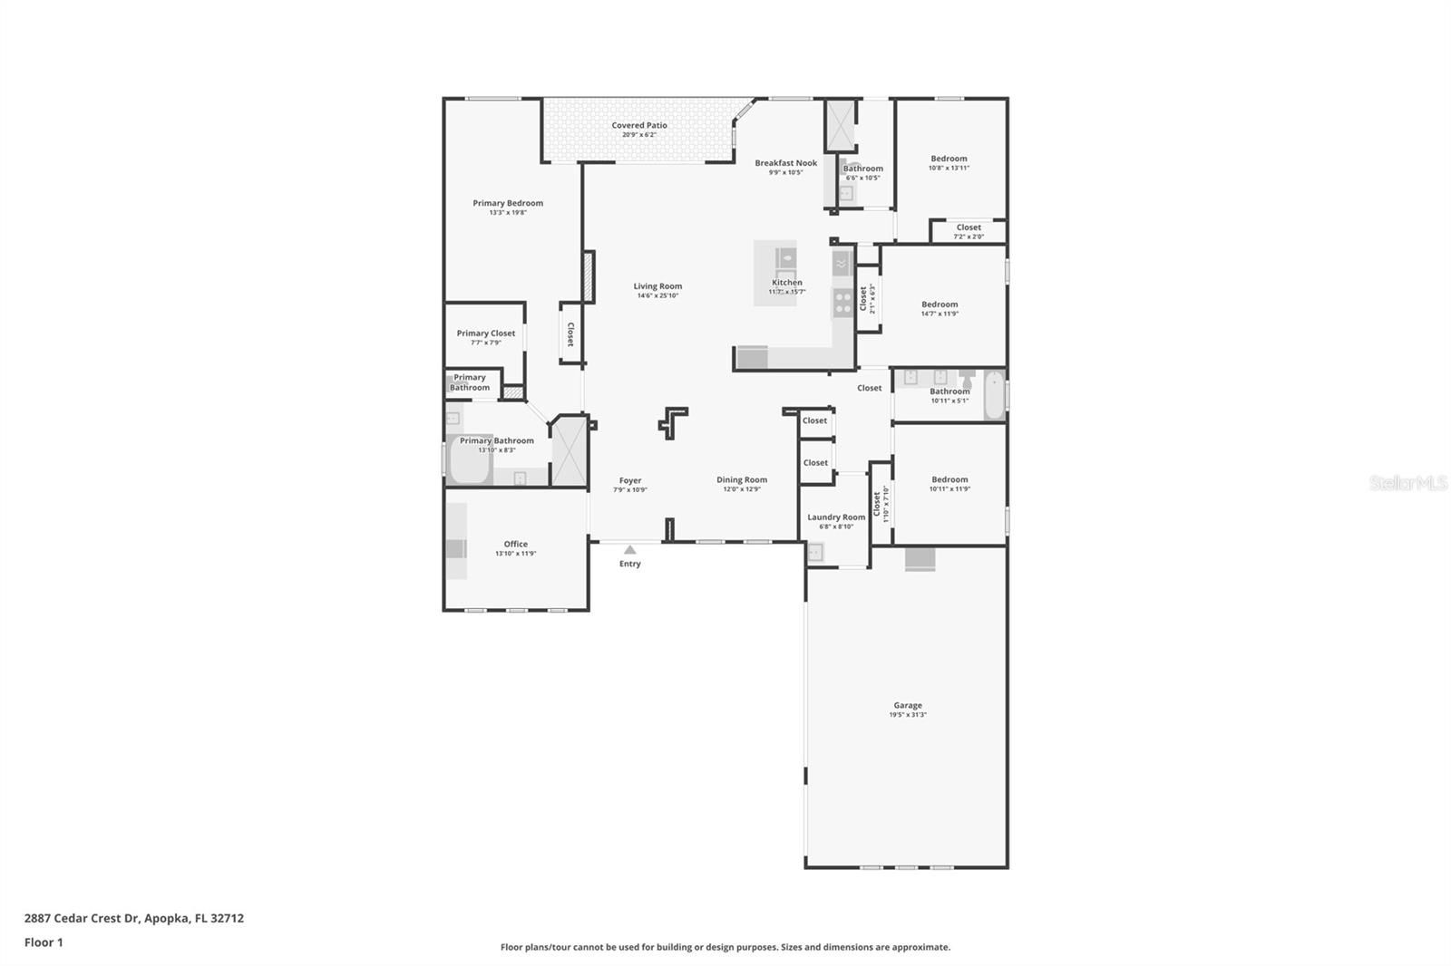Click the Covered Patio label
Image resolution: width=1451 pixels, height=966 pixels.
pos(638,126)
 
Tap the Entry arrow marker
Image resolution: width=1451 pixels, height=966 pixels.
pos(629,550)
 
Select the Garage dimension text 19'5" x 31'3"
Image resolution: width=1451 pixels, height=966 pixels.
pos(907,715)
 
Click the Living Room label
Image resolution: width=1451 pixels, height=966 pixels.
pos(657,286)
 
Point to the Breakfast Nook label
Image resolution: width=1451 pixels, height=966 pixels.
pos(785,163)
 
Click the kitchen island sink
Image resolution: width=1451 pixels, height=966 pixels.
pos(785,257)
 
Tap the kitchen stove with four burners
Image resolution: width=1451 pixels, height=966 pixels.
pos(842,302)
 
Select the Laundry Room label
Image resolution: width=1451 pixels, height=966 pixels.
pos(836,517)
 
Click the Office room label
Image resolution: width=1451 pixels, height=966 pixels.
pos(515,545)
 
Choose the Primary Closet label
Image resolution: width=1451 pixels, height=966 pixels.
pos(485,333)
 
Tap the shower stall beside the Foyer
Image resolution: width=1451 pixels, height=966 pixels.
pos(570,450)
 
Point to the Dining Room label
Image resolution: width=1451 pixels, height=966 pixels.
pos(741,480)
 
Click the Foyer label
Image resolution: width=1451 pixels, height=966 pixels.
pos(629,481)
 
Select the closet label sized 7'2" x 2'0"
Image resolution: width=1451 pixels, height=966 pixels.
pos(968,228)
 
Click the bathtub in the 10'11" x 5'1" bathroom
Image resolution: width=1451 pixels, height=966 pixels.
pos(994,396)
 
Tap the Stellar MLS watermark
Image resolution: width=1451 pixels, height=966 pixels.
pos(1407,484)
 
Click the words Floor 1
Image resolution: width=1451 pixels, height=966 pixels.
pos(44,942)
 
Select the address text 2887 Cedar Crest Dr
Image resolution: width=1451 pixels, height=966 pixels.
pos(82,918)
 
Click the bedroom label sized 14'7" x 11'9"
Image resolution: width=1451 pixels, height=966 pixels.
pos(939,305)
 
